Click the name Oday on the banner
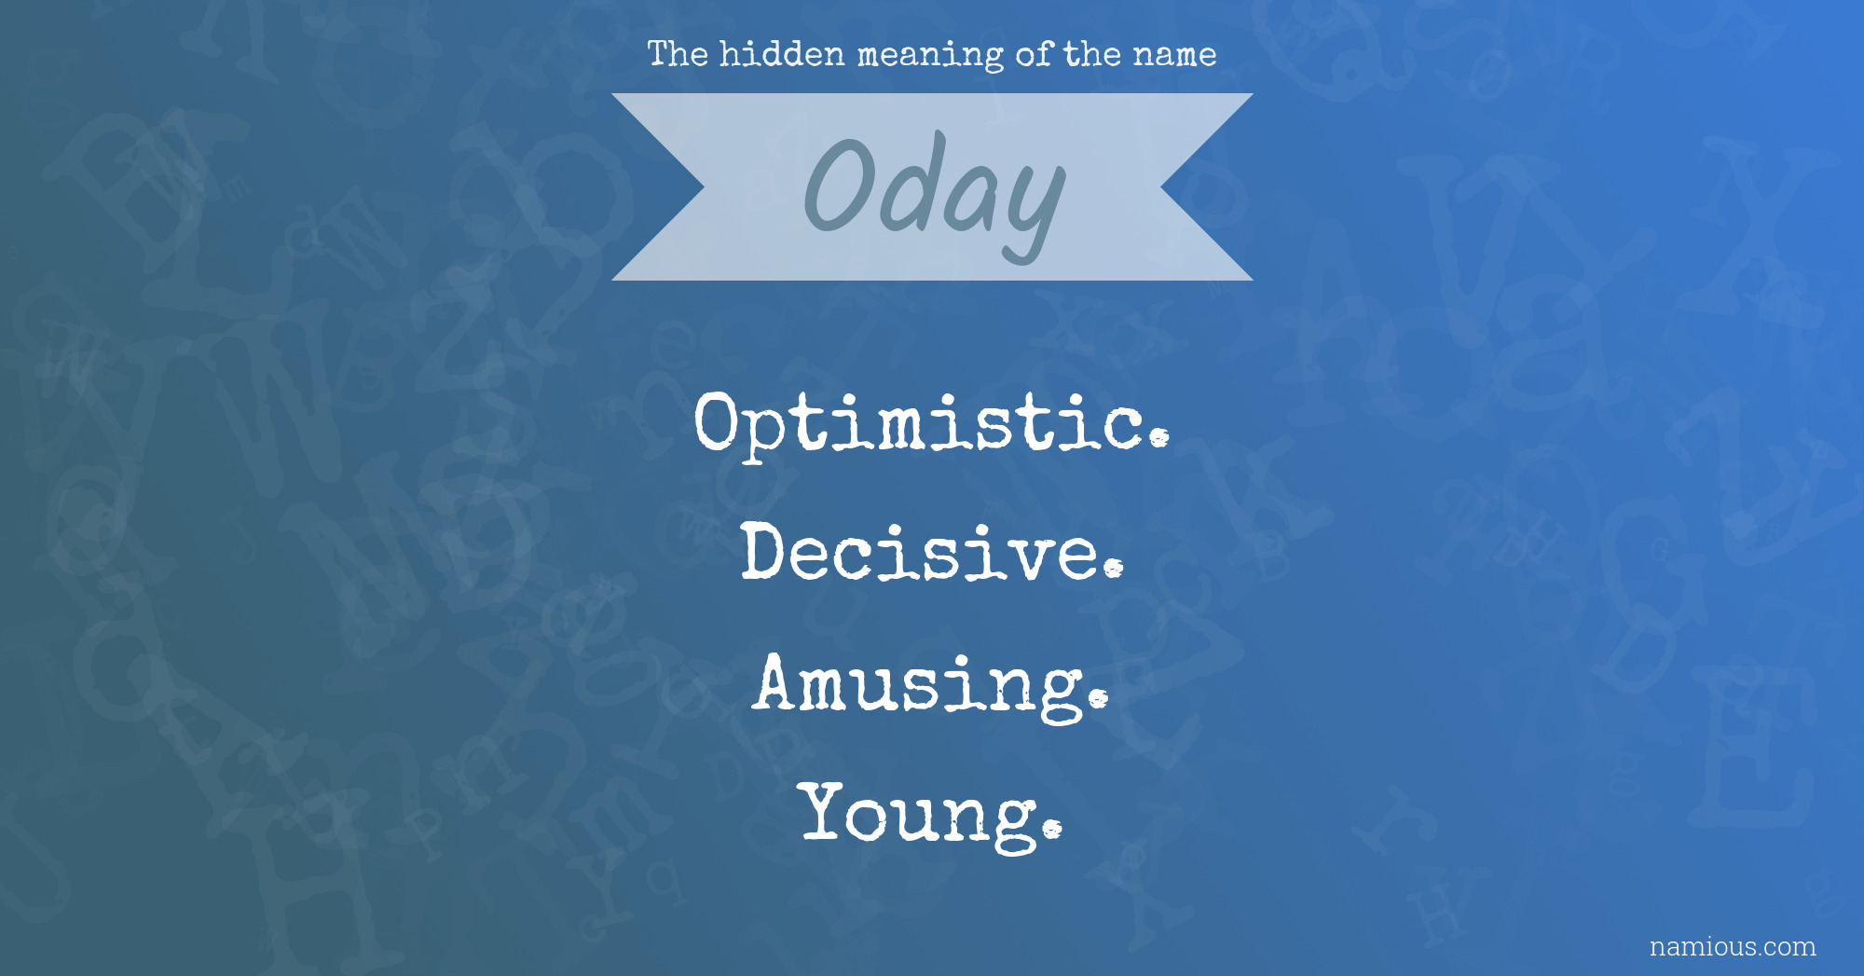[x=934, y=194]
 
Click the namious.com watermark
[x=1733, y=946]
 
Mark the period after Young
[x=1052, y=827]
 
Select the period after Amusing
[x=1099, y=697]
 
